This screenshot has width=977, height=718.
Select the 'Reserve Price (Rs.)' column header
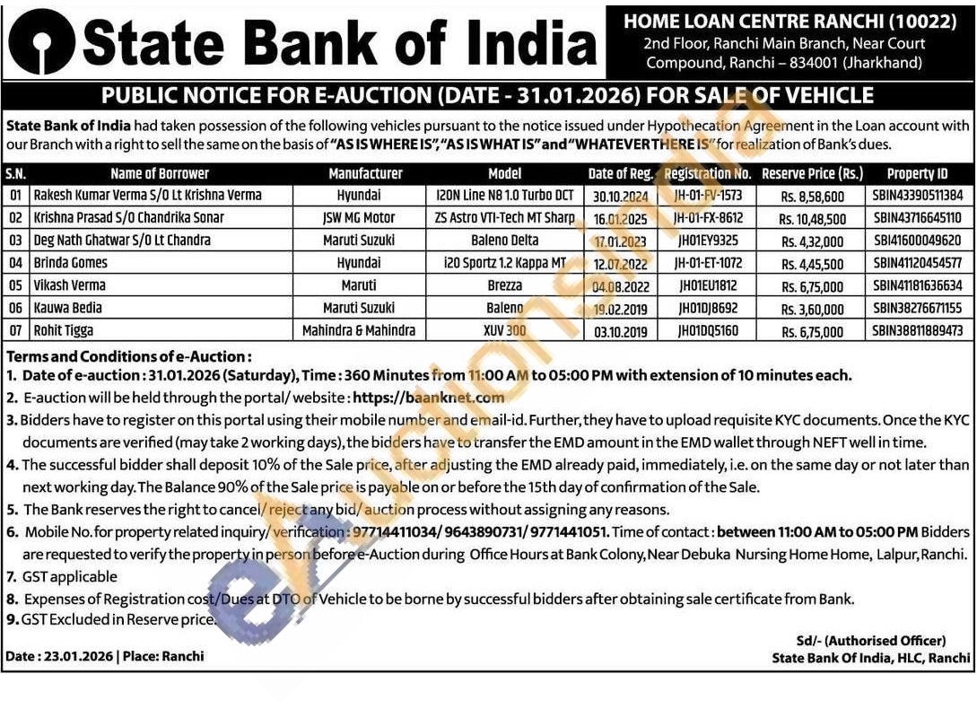click(812, 173)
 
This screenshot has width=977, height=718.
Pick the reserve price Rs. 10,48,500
click(811, 218)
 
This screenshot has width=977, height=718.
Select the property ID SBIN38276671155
click(917, 309)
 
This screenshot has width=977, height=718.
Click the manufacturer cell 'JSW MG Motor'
click(359, 218)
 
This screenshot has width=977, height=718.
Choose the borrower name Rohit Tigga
click(64, 331)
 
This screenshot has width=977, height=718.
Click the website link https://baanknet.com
click(429, 397)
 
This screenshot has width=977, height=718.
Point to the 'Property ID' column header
click(917, 173)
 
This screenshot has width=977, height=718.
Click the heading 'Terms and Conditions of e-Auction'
click(128, 356)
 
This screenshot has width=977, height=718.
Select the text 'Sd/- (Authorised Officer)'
click(870, 641)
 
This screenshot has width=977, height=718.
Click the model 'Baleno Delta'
click(505, 241)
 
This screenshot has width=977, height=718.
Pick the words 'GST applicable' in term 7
click(70, 576)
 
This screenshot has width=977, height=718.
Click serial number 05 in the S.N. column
click(14, 286)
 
